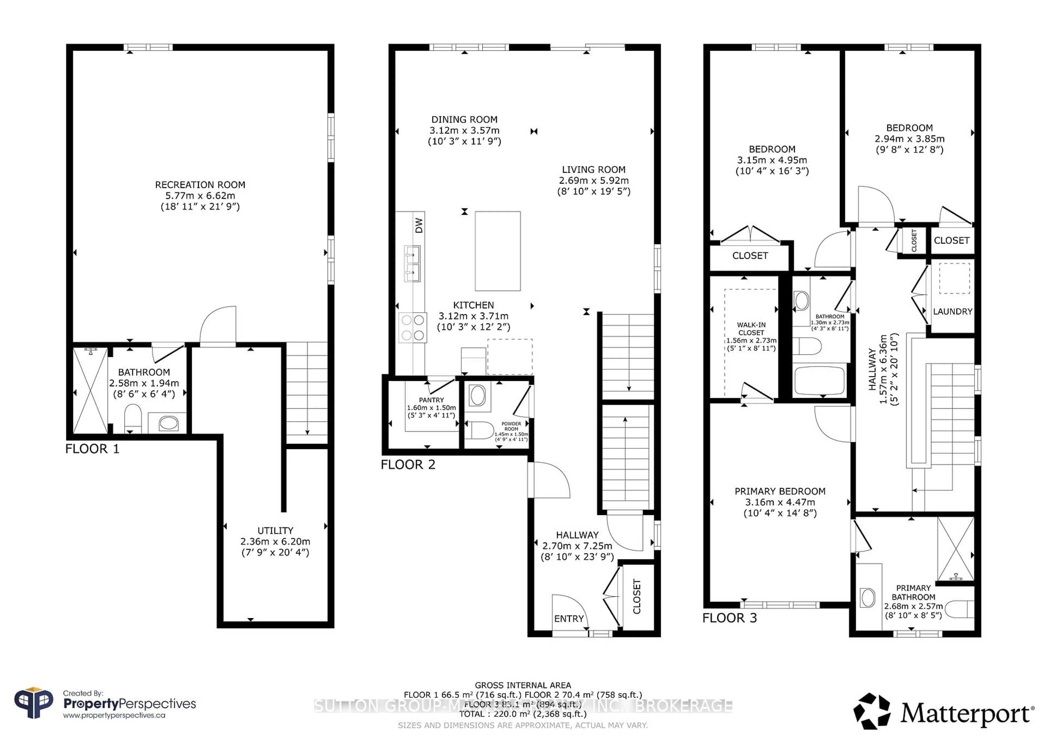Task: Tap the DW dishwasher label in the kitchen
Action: pyautogui.click(x=419, y=225)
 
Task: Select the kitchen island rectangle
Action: pyautogui.click(x=497, y=251)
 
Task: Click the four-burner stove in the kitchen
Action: pyautogui.click(x=413, y=327)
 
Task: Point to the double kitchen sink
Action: pyautogui.click(x=412, y=264)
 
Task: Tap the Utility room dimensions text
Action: pyautogui.click(x=275, y=542)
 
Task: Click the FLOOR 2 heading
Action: pyautogui.click(x=408, y=465)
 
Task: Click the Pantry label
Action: pyautogui.click(x=431, y=400)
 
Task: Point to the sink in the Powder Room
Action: pyautogui.click(x=478, y=396)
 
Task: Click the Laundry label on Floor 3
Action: pyautogui.click(x=952, y=312)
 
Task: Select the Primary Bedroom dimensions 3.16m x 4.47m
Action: pyautogui.click(x=780, y=502)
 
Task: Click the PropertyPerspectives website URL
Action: pyautogui.click(x=114, y=715)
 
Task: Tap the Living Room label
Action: pyautogui.click(x=593, y=169)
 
